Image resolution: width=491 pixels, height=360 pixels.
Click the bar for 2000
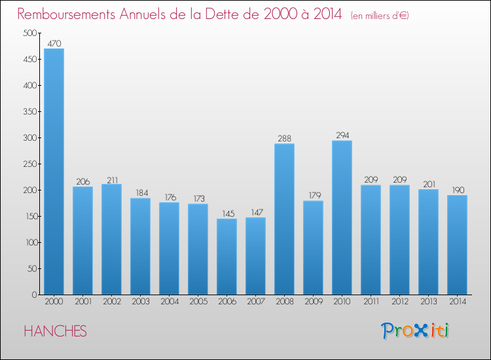tap(54, 171)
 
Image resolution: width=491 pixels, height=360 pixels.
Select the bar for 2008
tap(284, 219)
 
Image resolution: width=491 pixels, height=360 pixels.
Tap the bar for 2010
tap(342, 217)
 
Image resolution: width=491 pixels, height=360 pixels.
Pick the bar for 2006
tap(227, 257)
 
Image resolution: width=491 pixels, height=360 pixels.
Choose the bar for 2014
tap(457, 245)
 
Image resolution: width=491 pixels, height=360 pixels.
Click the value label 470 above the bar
tap(54, 43)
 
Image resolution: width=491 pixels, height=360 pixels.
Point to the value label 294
tap(342, 135)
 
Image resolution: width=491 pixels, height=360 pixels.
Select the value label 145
tap(227, 213)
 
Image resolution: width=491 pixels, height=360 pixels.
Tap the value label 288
tap(284, 139)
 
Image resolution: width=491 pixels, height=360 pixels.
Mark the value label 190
tap(457, 190)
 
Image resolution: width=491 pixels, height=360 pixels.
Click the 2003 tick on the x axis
tap(140, 302)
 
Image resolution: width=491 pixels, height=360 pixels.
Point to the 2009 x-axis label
tap(313, 302)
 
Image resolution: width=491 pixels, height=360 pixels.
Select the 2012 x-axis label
tap(399, 302)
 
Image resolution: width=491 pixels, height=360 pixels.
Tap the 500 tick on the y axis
tap(30, 33)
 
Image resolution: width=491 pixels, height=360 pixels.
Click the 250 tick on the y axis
tap(30, 164)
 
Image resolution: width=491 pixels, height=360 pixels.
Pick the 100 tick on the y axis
tap(30, 243)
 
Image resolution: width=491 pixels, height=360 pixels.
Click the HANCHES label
tap(55, 331)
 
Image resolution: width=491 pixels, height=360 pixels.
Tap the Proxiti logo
tap(416, 331)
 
